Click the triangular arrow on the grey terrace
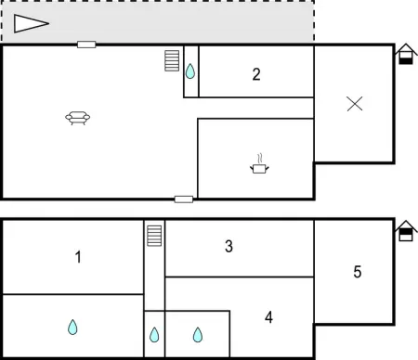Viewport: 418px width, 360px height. coord(30,24)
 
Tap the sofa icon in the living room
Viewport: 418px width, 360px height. coord(78,117)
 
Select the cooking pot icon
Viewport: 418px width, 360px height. coord(259,168)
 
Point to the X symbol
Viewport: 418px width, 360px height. coord(354,104)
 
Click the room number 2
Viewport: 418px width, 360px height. coord(256,75)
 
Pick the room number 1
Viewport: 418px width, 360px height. coord(78,257)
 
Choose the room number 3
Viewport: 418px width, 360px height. coord(229,246)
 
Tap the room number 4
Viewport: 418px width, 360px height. coord(268,317)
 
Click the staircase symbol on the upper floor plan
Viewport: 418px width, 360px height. coord(172,60)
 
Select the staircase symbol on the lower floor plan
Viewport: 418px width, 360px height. coord(154,236)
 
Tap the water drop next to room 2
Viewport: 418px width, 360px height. coord(190,71)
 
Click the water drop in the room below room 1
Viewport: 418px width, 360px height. coord(72,327)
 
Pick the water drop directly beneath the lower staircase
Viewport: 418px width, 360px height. coord(154,334)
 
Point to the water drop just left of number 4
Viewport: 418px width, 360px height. coord(197,334)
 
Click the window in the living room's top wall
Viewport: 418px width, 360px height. coord(86,45)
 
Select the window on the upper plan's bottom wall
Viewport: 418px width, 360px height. coord(184,199)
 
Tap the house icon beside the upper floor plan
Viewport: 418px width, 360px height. coord(405,56)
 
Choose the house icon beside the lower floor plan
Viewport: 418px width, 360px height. coord(405,231)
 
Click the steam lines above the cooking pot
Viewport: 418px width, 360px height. coord(259,158)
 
